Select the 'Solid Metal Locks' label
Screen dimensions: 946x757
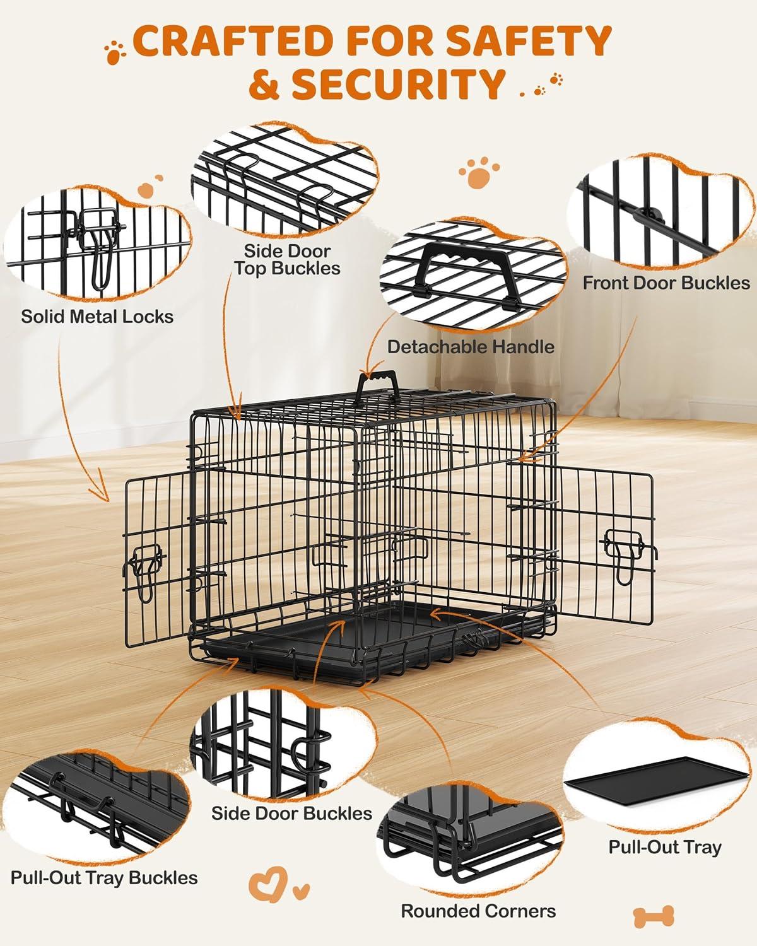[97, 316]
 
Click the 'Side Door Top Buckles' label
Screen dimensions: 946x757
[287, 259]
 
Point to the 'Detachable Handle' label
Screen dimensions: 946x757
[471, 346]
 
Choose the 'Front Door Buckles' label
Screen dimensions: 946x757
[666, 283]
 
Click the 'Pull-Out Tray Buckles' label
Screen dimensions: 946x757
[104, 877]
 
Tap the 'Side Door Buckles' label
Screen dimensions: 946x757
[291, 813]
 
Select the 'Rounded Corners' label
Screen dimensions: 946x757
[478, 911]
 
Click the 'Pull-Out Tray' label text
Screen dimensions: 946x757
[664, 846]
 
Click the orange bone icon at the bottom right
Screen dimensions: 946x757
[654, 914]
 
